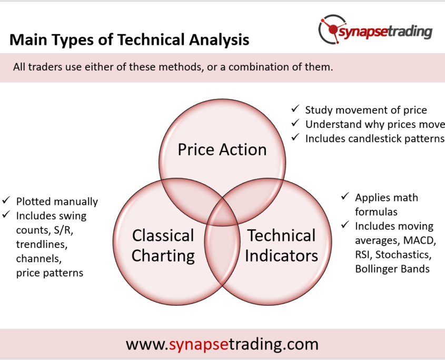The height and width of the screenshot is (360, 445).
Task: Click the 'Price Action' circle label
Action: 222,149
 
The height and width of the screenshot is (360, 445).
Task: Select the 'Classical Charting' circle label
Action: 163,246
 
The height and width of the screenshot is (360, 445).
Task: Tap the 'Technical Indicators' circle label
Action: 281,246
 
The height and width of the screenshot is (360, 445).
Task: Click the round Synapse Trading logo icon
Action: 333,29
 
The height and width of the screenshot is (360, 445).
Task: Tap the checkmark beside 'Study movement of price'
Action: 295,108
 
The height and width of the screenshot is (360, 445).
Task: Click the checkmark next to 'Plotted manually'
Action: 6,201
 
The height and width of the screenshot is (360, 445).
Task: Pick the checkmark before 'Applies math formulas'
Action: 345,196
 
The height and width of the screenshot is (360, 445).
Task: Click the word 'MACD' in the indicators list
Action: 419,241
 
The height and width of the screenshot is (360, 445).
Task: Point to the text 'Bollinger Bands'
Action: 392,269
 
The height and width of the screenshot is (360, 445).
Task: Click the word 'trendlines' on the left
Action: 42,244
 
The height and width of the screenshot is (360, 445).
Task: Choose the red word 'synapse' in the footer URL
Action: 199,345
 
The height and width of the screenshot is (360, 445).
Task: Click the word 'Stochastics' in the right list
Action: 403,255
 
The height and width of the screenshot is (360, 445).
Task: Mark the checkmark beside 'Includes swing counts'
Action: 6,214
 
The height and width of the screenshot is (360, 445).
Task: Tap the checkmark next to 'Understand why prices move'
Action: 295,123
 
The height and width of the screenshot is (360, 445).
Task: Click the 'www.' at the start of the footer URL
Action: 147,345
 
